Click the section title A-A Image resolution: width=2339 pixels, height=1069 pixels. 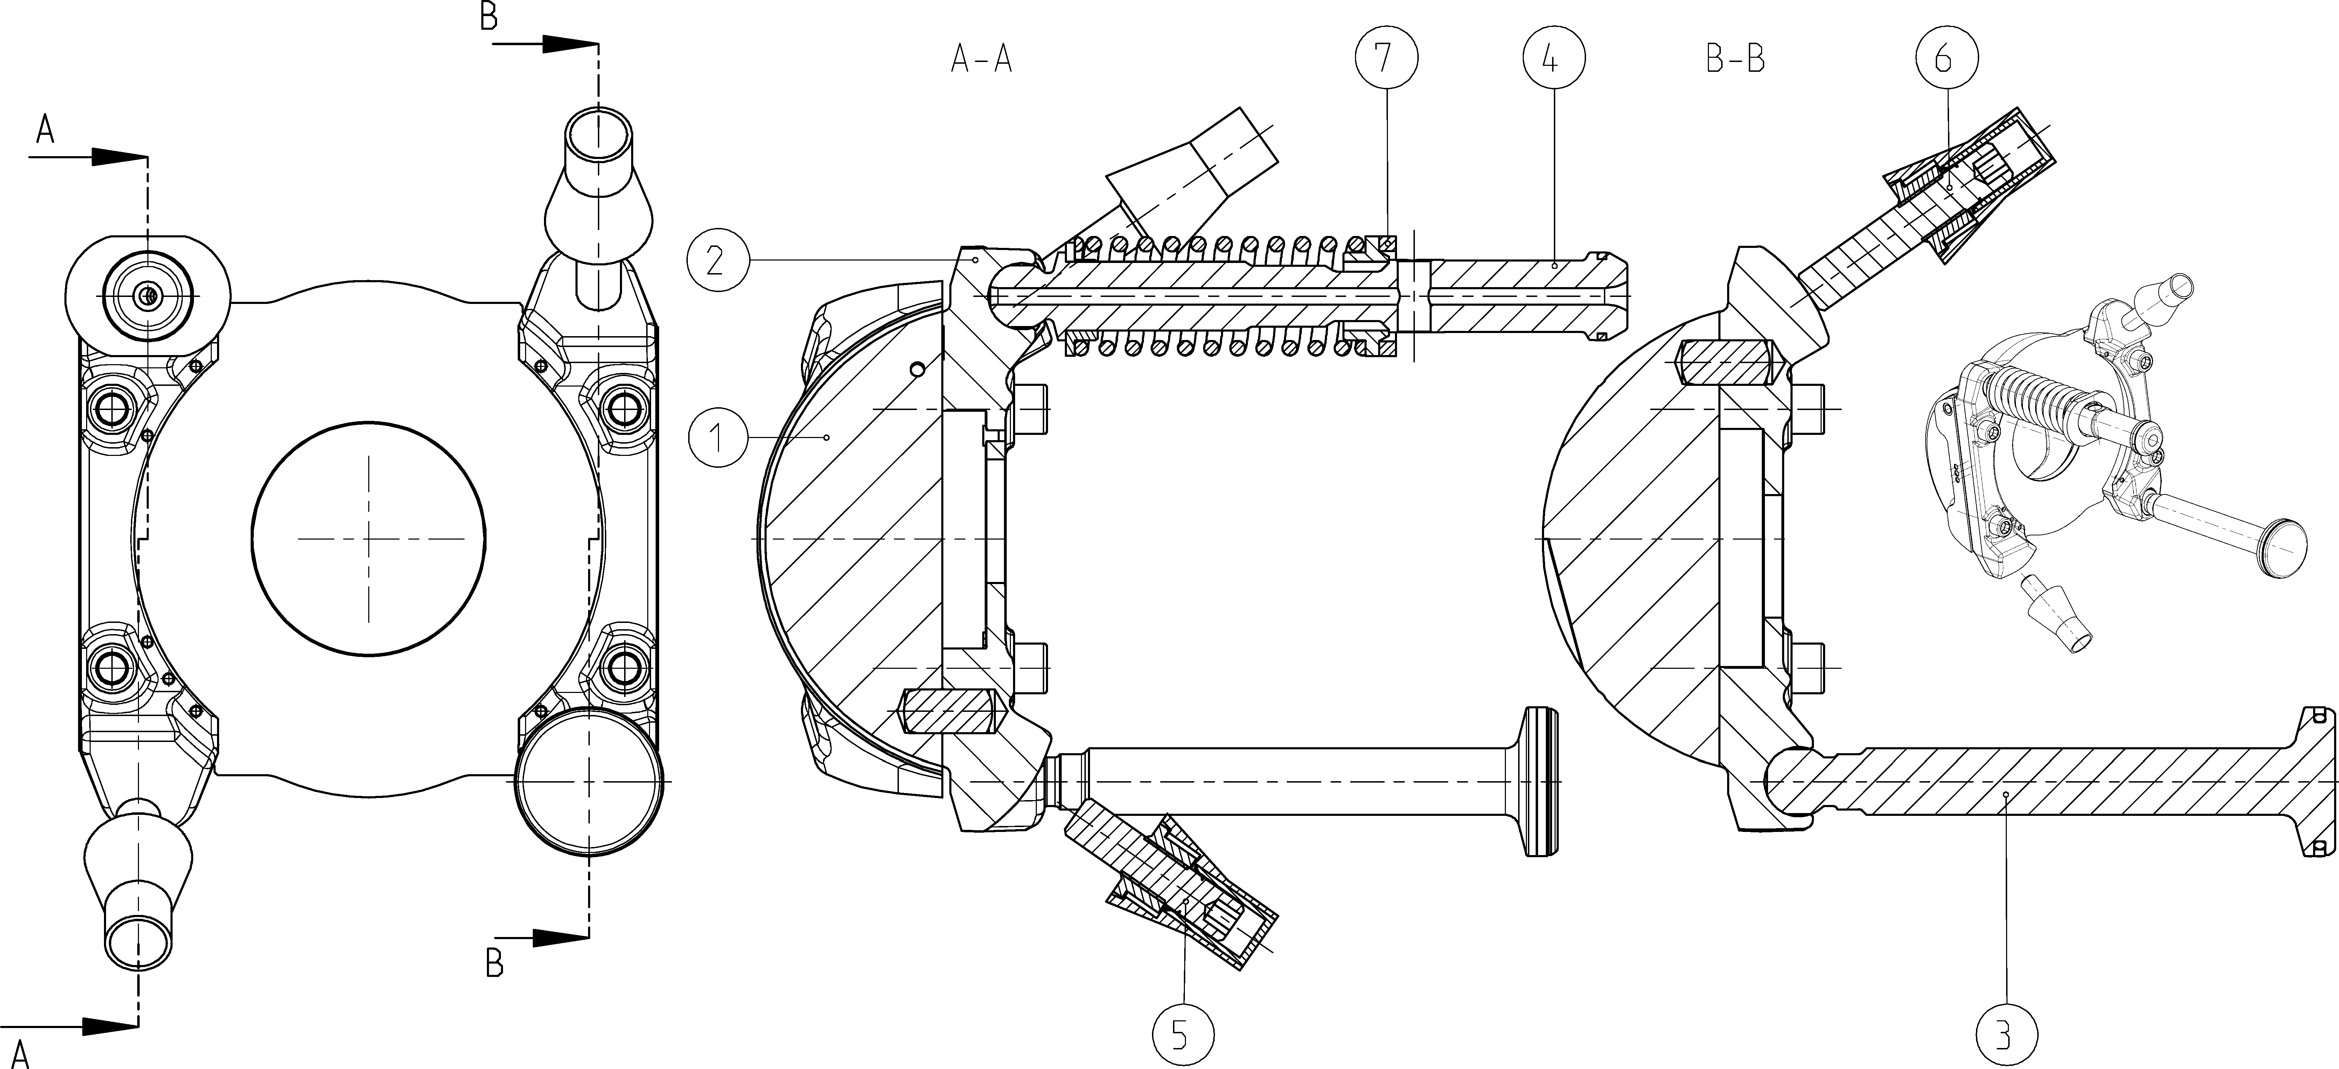[x=982, y=60]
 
